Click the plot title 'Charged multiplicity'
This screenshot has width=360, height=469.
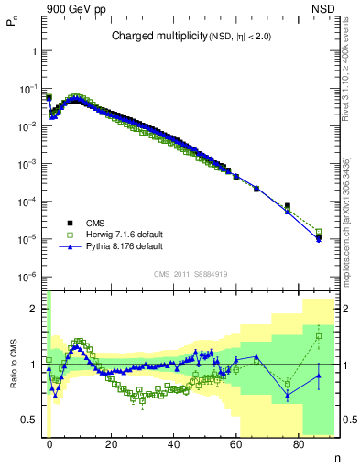tap(151, 37)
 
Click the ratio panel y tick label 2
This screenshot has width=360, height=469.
tap(36, 309)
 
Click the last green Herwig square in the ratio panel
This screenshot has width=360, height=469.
tap(319, 336)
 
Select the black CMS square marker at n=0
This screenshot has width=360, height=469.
tap(49, 98)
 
